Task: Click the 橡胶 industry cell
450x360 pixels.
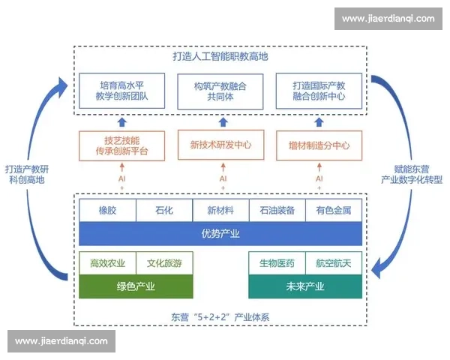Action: [x=108, y=211]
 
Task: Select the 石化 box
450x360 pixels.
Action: [x=164, y=211]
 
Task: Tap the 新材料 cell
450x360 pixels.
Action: [x=220, y=211]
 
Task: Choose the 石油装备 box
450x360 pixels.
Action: [x=277, y=211]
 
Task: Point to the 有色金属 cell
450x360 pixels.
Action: [x=333, y=211]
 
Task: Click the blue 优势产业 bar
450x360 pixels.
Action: [x=220, y=233]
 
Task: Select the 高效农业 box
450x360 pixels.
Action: [x=108, y=263]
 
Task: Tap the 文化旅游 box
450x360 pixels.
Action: [x=165, y=263]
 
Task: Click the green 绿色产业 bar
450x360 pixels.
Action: [x=136, y=286]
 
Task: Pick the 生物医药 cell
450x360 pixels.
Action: [x=277, y=263]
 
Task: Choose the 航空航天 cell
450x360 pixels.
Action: [x=334, y=263]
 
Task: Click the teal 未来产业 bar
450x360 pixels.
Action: [x=305, y=286]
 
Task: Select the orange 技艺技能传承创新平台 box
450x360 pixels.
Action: [x=121, y=145]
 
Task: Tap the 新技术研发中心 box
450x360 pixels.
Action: [x=220, y=145]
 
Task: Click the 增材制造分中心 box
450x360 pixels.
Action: [x=319, y=145]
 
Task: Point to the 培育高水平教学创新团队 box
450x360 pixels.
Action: [x=121, y=91]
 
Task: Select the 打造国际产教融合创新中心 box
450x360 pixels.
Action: [x=319, y=91]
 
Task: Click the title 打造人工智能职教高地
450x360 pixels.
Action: [x=220, y=56]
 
